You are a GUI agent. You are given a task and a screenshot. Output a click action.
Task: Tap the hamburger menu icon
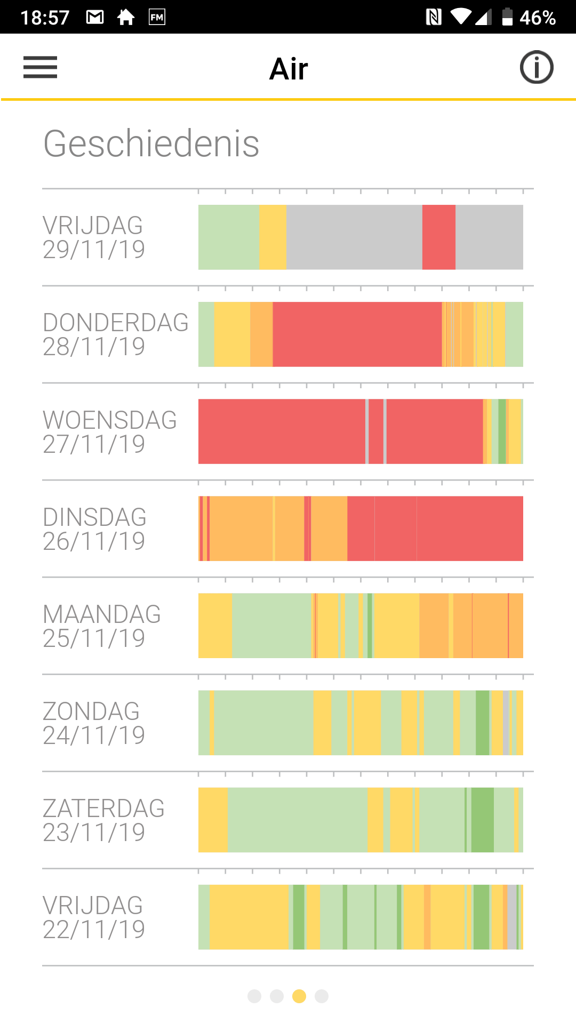pyautogui.click(x=40, y=67)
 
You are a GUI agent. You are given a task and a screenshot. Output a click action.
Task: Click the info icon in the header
pyautogui.click(x=537, y=67)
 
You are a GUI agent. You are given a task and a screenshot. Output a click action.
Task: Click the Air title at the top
pyautogui.click(x=289, y=69)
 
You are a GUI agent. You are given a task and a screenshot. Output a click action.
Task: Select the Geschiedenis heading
pyautogui.click(x=151, y=143)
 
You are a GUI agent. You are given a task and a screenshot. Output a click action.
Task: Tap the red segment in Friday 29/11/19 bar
pyautogui.click(x=438, y=237)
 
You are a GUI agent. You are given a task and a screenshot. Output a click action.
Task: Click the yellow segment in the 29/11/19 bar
pyautogui.click(x=273, y=237)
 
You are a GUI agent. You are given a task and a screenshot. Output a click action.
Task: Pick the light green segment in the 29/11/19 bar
pyautogui.click(x=228, y=237)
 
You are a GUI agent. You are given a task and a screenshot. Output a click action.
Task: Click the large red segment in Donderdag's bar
pyautogui.click(x=357, y=334)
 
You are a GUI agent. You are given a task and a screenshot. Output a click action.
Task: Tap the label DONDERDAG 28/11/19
pyautogui.click(x=115, y=334)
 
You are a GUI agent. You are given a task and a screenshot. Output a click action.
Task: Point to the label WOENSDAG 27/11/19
pyautogui.click(x=109, y=431)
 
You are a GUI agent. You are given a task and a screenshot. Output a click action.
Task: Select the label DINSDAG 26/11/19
pyautogui.click(x=94, y=529)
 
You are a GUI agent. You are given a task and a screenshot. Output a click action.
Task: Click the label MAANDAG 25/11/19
pyautogui.click(x=101, y=626)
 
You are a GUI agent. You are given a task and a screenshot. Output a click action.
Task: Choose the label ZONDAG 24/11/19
pyautogui.click(x=93, y=723)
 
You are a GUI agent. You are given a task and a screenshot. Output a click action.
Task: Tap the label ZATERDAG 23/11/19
pyautogui.click(x=103, y=820)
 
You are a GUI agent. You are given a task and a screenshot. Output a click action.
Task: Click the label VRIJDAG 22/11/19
pyautogui.click(x=93, y=917)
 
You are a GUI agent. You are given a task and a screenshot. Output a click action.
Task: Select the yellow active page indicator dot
pyautogui.click(x=299, y=996)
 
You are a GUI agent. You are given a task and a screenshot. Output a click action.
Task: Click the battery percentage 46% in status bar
pyautogui.click(x=538, y=18)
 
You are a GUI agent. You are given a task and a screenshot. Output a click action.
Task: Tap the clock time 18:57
pyautogui.click(x=45, y=18)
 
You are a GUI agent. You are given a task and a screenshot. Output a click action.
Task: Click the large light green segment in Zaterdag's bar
pyautogui.click(x=297, y=820)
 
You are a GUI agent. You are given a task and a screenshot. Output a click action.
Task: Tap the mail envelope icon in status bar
pyautogui.click(x=95, y=17)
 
